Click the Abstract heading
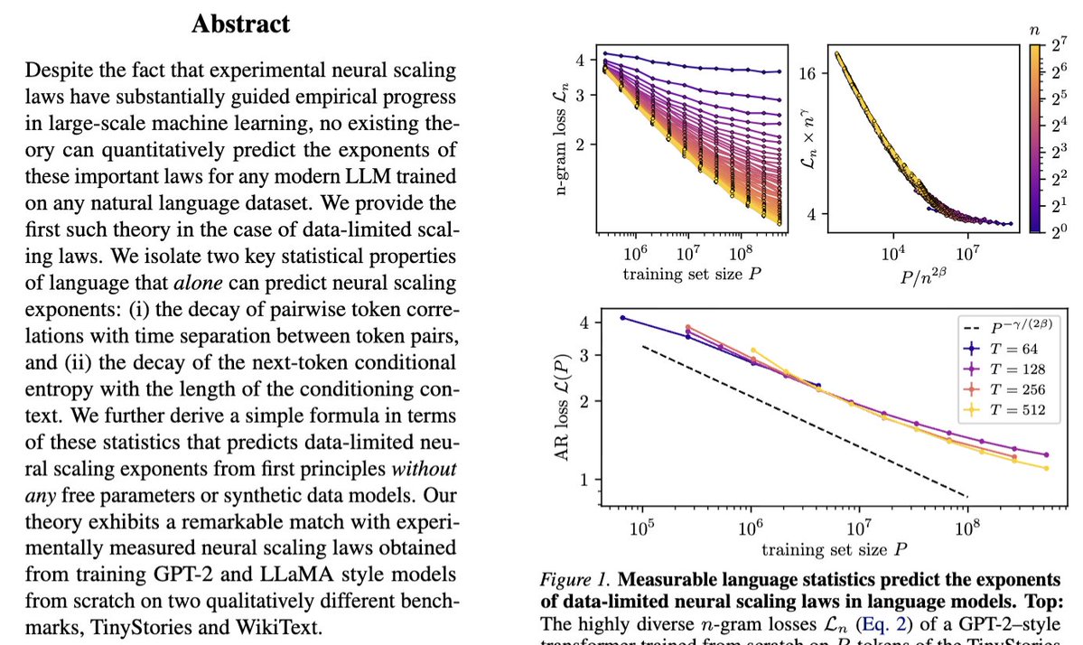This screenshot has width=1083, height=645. (241, 23)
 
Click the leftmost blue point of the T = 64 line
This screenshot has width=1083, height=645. (622, 318)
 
